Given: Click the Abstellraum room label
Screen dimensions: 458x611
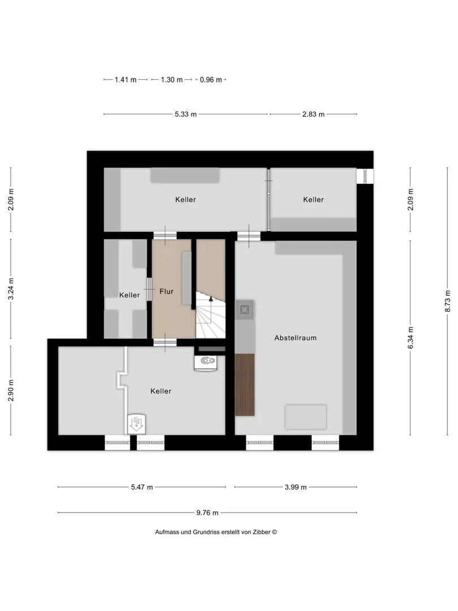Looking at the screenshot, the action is click(295, 338).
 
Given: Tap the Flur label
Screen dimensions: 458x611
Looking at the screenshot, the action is click(166, 291).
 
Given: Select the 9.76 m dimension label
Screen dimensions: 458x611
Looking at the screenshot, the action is click(207, 513).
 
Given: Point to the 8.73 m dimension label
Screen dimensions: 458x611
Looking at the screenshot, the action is click(447, 301).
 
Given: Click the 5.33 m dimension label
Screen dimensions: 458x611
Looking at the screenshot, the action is click(185, 114).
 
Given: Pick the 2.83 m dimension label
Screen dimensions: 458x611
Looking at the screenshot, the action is click(313, 114).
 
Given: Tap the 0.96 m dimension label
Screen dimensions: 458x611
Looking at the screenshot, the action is click(211, 80).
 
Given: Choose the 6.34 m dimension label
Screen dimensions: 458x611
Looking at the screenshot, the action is click(411, 338).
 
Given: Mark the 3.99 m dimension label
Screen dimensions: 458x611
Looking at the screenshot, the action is click(295, 487).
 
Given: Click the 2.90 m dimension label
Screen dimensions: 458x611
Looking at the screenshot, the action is click(11, 390).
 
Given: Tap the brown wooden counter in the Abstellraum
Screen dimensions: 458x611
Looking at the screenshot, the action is click(245, 385).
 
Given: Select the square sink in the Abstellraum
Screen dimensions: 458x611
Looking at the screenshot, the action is click(245, 310).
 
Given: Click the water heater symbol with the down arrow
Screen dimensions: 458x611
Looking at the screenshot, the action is click(136, 424).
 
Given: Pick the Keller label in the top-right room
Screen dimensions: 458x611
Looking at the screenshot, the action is click(313, 200).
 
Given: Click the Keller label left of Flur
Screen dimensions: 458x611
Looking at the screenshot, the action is click(129, 295).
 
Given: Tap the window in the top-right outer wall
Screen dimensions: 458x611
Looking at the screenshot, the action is click(365, 176).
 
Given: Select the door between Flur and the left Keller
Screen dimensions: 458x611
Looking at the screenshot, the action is click(149, 289).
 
